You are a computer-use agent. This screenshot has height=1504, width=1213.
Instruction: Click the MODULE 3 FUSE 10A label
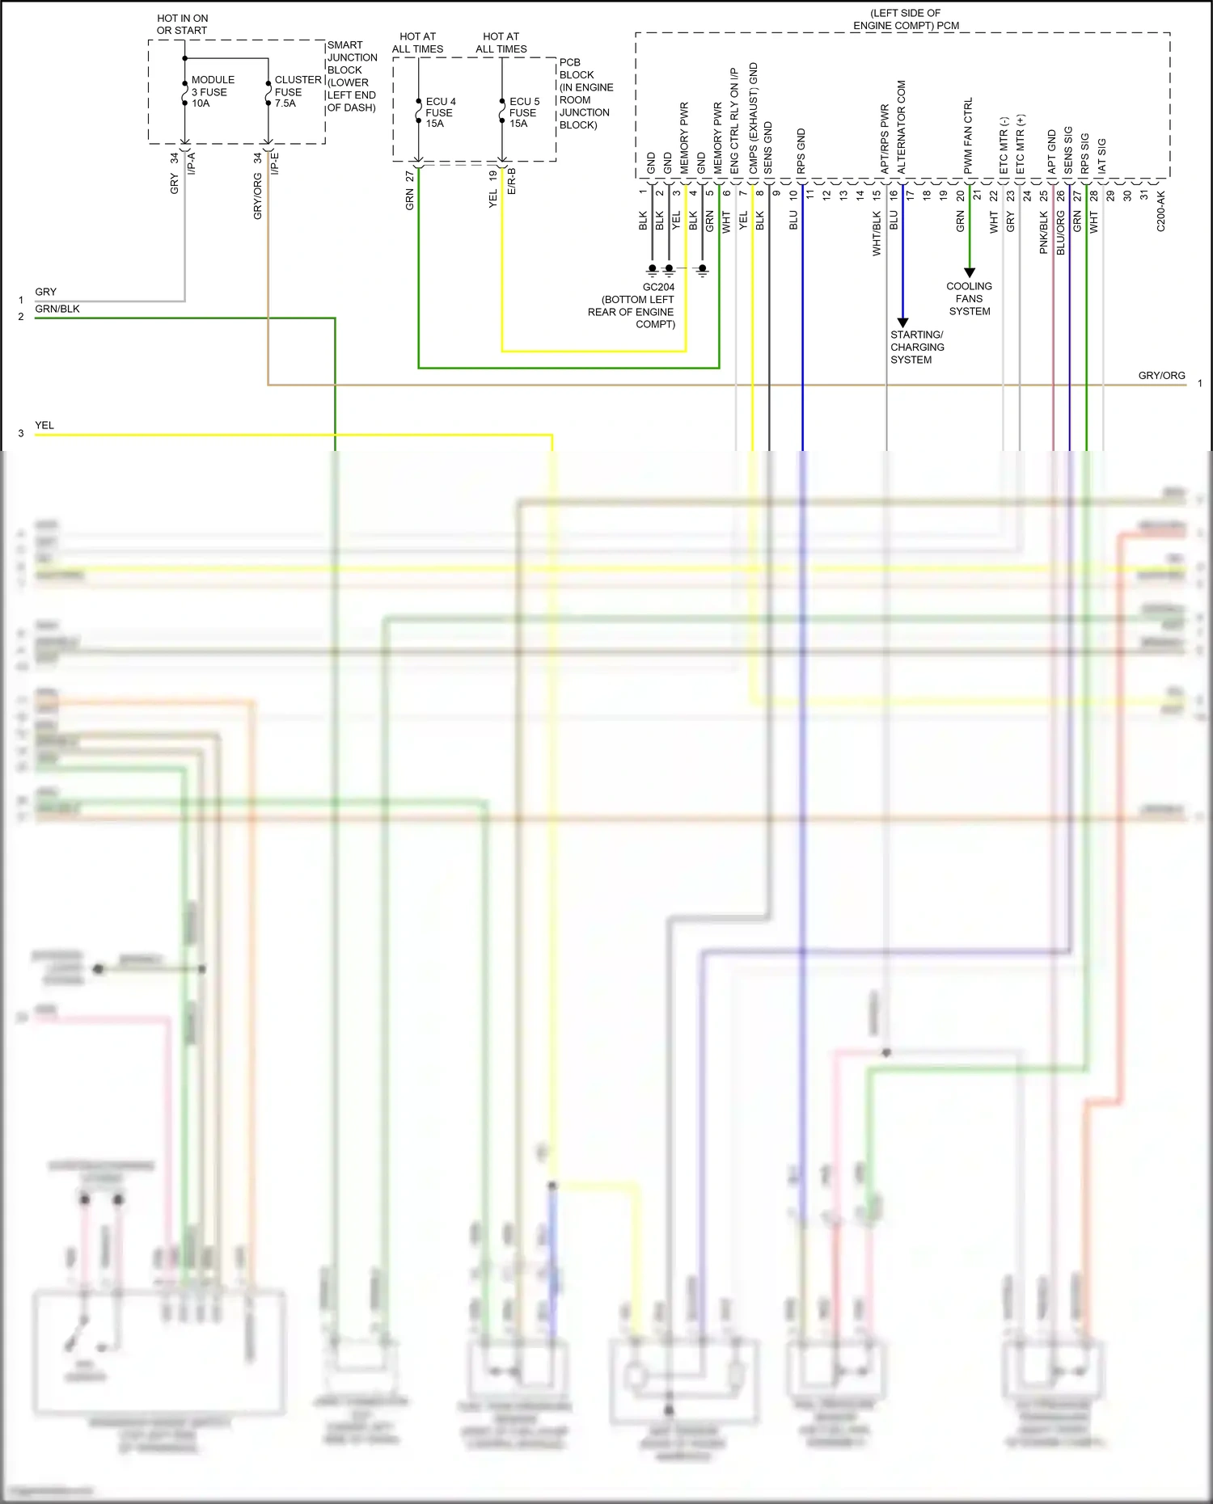coord(212,91)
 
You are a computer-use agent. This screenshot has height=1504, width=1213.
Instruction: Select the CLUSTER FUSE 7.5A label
coord(297,91)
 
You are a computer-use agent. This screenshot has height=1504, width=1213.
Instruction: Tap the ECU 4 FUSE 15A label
coord(440,112)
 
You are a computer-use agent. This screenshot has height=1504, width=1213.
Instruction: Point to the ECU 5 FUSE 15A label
coord(523,112)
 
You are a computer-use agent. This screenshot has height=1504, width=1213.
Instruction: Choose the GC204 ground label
coord(658,287)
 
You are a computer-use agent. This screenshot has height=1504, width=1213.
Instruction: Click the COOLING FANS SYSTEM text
coord(969,298)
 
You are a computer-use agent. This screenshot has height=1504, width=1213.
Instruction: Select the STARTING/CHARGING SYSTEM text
coord(916,347)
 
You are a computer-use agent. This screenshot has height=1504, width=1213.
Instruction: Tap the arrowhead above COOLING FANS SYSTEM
coord(969,273)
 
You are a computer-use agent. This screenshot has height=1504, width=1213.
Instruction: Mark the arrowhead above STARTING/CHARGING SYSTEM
coord(902,322)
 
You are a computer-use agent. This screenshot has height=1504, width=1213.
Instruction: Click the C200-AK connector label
coord(1160,212)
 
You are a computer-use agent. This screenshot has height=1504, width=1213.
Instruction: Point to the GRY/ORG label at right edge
coord(1161,376)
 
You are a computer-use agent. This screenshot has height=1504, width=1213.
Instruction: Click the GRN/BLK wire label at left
coord(57,309)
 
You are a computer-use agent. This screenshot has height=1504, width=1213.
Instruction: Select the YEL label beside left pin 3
coord(44,425)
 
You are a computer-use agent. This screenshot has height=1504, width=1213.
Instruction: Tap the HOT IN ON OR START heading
coord(182,24)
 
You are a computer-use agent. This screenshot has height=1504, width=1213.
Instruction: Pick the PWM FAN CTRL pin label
coord(968,136)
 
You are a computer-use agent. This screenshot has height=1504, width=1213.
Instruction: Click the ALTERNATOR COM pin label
coord(902,127)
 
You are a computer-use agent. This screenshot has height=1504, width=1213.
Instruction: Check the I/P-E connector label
coord(274,164)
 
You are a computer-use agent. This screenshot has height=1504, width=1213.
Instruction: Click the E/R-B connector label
coord(511,181)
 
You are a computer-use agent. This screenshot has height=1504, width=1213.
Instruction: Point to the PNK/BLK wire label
coord(1043,232)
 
